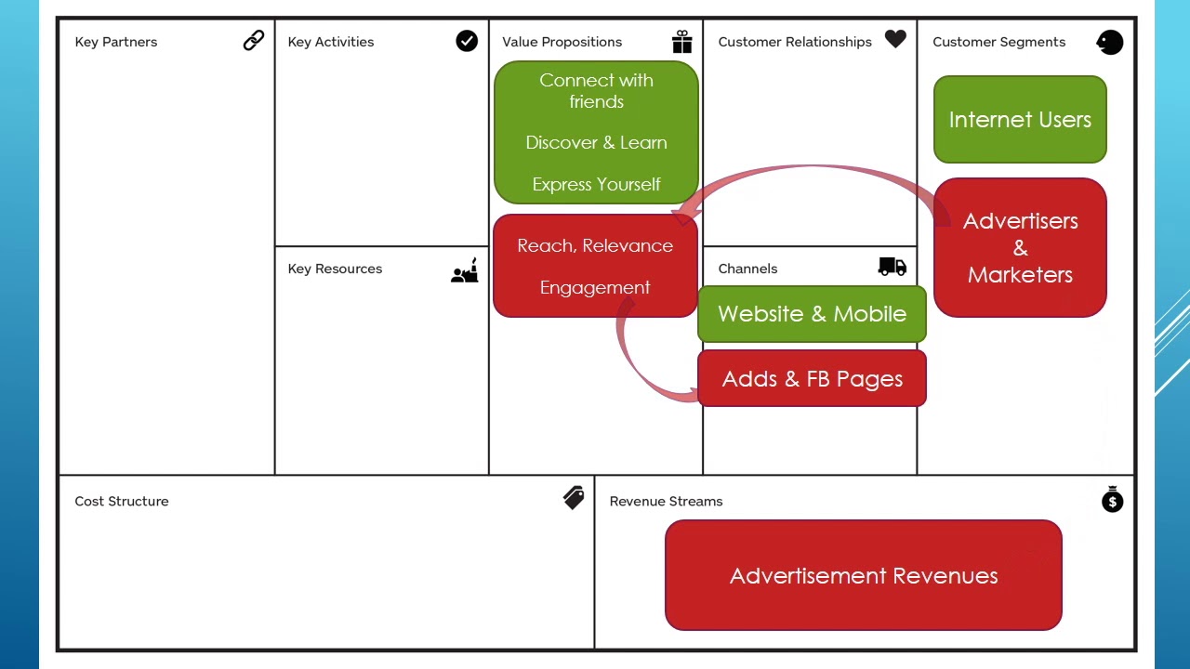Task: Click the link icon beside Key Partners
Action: point(254,40)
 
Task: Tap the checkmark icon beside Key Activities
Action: point(467,41)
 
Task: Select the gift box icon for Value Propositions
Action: point(682,42)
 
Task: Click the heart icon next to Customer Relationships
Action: point(895,39)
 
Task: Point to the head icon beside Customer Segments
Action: point(1110,42)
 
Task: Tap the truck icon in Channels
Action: point(892,267)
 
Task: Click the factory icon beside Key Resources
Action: point(465,270)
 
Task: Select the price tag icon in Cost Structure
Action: point(574,498)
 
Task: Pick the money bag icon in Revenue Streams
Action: point(1112,499)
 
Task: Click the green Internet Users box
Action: point(1020,120)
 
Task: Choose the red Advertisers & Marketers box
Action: point(1020,248)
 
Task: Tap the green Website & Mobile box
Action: point(812,314)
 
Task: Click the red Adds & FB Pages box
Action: point(812,379)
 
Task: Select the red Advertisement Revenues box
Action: point(864,576)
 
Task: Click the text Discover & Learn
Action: point(596,143)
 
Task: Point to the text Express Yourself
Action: point(596,185)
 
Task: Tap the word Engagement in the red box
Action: point(595,288)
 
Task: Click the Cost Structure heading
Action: point(122,502)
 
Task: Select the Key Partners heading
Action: point(116,42)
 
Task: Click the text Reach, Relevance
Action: point(595,246)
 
